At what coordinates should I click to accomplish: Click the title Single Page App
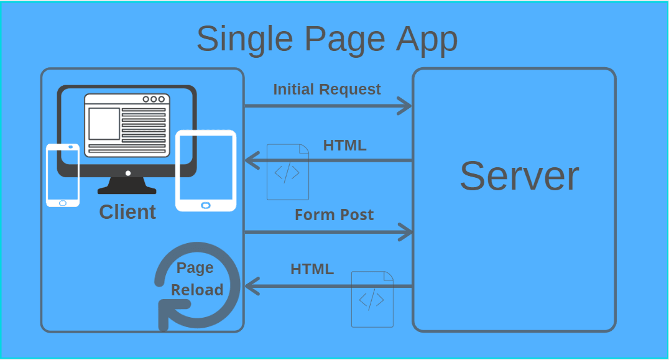(x=327, y=39)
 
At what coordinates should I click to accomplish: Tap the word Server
(x=519, y=176)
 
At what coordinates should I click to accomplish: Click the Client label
(x=127, y=212)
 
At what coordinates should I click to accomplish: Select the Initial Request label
(x=327, y=90)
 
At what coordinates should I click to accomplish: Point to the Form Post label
(x=334, y=215)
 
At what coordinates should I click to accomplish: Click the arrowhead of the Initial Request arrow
(x=405, y=106)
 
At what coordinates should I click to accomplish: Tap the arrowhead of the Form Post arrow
(x=407, y=233)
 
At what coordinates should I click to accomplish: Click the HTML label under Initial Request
(x=344, y=145)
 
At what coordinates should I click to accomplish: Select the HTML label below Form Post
(x=312, y=269)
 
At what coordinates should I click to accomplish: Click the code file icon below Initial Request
(x=288, y=172)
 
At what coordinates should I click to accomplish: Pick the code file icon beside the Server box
(x=372, y=299)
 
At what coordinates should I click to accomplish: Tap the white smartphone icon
(x=63, y=175)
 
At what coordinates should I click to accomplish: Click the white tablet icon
(x=206, y=170)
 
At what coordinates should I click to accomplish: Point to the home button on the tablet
(x=206, y=205)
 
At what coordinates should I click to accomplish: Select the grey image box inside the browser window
(x=104, y=124)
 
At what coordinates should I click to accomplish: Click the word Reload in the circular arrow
(x=197, y=290)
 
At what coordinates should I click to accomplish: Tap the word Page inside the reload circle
(x=195, y=268)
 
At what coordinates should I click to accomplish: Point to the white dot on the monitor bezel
(x=128, y=173)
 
